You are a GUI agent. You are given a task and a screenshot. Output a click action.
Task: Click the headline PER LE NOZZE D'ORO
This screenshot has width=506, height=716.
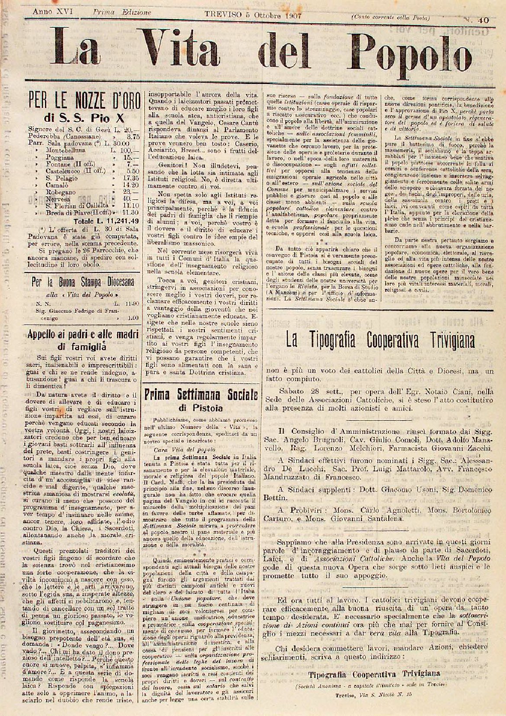pyautogui.click(x=84, y=101)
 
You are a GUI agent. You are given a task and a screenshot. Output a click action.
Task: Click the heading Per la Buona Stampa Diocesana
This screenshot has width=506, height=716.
pyautogui.click(x=84, y=282)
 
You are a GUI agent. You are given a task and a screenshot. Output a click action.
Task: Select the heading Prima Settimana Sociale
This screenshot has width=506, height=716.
pyautogui.click(x=200, y=395)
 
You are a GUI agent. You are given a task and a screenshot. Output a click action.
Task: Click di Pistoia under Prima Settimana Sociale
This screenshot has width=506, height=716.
pyautogui.click(x=200, y=408)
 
